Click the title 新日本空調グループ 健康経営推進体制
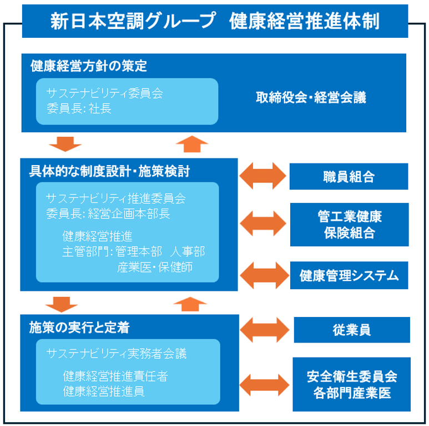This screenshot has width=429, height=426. (x=215, y=21)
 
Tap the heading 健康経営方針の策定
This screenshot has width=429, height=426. (x=89, y=66)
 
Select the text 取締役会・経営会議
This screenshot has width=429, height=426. (x=311, y=97)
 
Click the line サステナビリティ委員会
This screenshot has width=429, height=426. (x=105, y=93)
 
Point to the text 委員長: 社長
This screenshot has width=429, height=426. (x=79, y=108)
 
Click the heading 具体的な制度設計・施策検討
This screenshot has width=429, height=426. (x=109, y=171)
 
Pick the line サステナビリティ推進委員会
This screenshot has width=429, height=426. (x=116, y=198)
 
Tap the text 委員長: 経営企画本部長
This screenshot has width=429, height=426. (x=108, y=214)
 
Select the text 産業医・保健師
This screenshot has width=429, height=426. (x=155, y=268)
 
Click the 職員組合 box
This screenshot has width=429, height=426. (x=349, y=176)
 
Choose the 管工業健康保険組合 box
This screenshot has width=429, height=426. (x=350, y=225)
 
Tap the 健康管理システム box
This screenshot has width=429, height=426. (x=349, y=275)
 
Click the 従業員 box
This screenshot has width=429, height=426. (x=352, y=330)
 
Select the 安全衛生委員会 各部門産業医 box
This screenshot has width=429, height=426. (x=351, y=384)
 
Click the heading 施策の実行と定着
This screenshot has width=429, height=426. (x=79, y=328)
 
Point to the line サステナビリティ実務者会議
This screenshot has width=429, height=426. (x=117, y=354)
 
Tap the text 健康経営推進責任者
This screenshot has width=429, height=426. (x=115, y=377)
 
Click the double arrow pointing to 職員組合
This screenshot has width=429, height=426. (x=263, y=176)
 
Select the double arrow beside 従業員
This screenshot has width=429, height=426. (x=264, y=330)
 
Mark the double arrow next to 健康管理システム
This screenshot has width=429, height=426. (x=264, y=275)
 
